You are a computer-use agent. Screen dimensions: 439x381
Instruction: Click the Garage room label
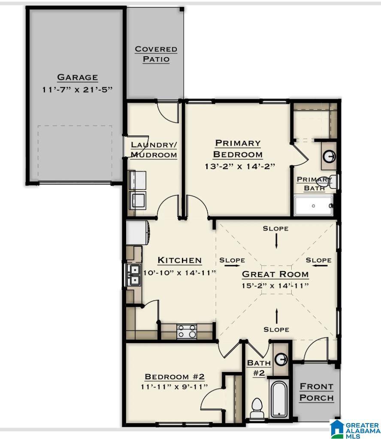78,77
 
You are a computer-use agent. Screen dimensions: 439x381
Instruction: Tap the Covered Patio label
156,54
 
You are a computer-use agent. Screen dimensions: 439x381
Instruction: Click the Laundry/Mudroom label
154,149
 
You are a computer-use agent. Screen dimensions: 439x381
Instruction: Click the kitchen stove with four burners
187,332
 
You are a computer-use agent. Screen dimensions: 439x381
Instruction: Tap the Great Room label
275,274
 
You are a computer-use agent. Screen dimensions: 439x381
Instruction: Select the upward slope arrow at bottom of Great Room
276,315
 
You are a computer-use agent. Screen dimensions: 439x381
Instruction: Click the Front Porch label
316,392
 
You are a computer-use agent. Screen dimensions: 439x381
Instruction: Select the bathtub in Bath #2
279,399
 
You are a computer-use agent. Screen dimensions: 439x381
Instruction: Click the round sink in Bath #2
281,358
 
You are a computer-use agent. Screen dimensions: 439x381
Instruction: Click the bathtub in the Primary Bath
314,206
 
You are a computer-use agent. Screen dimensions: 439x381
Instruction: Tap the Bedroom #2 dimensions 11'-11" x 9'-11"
175,387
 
